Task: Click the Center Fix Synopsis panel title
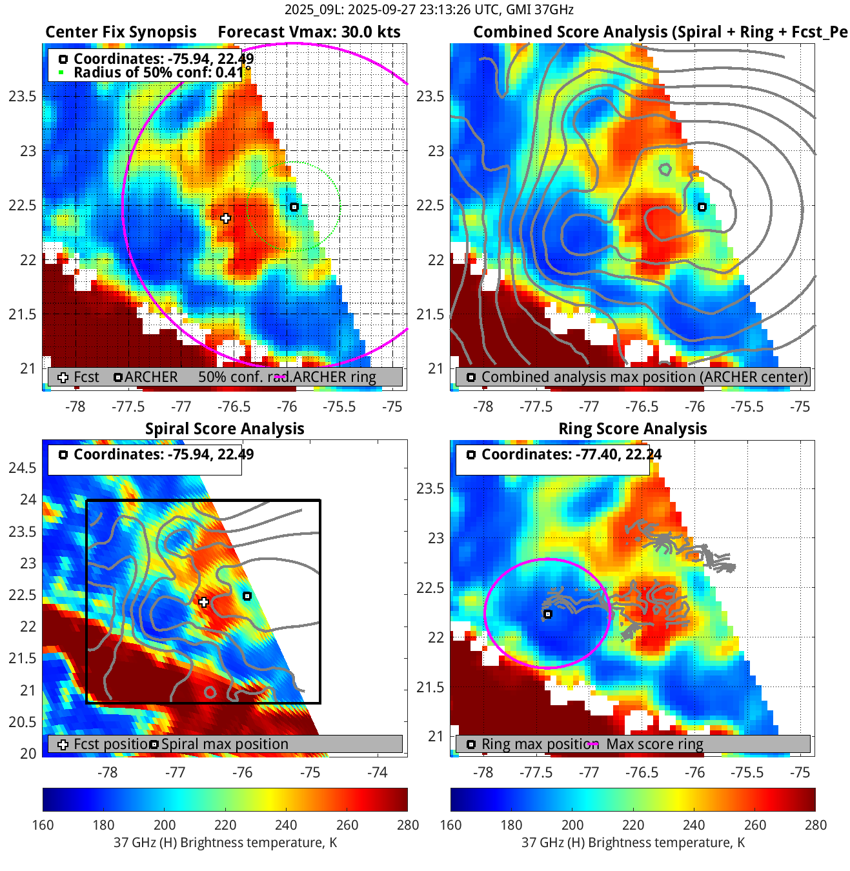coord(121,32)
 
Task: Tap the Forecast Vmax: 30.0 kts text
coord(309,32)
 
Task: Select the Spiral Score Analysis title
coord(225,429)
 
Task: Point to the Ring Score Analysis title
coord(632,429)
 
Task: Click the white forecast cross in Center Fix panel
coord(225,218)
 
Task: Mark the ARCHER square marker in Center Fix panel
coord(294,207)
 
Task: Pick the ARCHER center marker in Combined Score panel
coord(702,207)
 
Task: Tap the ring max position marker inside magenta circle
coord(547,614)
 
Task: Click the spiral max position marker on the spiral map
coord(247,596)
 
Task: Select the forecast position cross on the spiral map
coord(204,602)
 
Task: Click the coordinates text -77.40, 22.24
coord(571,454)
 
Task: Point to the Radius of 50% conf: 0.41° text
coord(162,72)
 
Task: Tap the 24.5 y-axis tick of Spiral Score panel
coord(23,468)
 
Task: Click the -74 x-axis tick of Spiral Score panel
coord(377,772)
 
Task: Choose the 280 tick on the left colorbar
coord(408,825)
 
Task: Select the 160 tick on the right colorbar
coord(450,825)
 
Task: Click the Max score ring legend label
coord(654,744)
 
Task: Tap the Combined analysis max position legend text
coord(644,377)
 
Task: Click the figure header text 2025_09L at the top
coord(307,10)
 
